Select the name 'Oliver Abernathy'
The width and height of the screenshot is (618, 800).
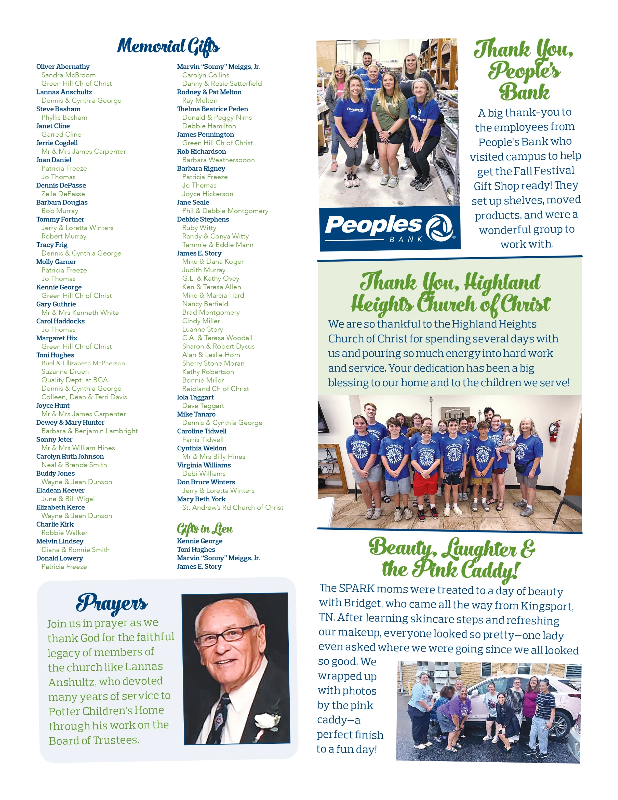[x=62, y=67]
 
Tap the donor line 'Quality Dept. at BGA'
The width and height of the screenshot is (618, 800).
[x=74, y=380]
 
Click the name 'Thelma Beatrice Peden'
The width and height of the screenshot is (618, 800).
[x=212, y=109]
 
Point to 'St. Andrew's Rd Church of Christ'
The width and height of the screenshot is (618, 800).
[x=233, y=507]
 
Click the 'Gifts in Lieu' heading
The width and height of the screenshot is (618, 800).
[x=204, y=528]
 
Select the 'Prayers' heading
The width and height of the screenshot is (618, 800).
[x=112, y=603]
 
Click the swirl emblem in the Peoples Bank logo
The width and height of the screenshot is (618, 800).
[x=439, y=227]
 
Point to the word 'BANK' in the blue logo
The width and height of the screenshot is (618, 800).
[x=406, y=239]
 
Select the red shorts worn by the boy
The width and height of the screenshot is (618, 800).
[x=425, y=484]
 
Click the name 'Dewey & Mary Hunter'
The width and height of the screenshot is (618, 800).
[x=70, y=422]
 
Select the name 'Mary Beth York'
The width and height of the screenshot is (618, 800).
[x=201, y=499]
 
